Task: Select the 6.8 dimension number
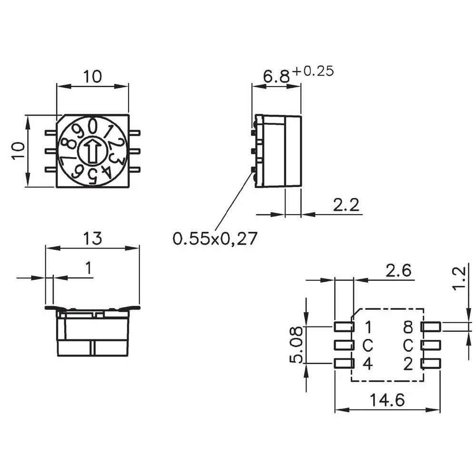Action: (x=276, y=76)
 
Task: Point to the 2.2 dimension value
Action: (x=346, y=205)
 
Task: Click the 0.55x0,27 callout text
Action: (x=215, y=238)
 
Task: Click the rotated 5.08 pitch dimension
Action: (x=296, y=345)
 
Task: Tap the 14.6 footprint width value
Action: (x=387, y=400)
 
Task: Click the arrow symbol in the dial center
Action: (x=93, y=151)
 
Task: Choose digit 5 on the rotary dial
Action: (x=93, y=176)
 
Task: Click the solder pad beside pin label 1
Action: (x=344, y=327)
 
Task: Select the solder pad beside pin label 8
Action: (x=431, y=327)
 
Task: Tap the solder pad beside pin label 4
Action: (x=344, y=364)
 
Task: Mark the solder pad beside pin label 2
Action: (x=431, y=364)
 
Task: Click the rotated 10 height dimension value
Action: (x=18, y=151)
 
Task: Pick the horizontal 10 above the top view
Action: (x=93, y=77)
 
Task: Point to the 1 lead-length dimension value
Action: (x=89, y=269)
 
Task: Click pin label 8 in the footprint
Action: (x=408, y=327)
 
